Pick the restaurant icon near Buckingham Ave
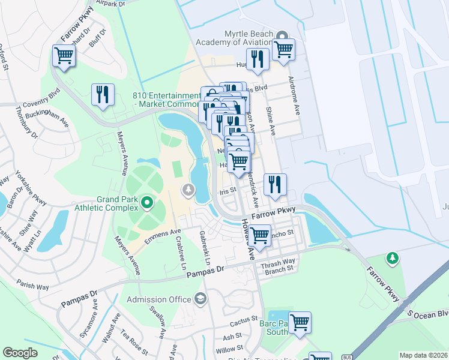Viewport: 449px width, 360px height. [x=103, y=95]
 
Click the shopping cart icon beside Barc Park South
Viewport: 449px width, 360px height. [x=300, y=322]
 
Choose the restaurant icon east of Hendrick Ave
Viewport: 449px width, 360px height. [x=275, y=185]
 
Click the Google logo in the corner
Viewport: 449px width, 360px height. [x=20, y=353]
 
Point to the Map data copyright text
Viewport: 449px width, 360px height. [x=423, y=355]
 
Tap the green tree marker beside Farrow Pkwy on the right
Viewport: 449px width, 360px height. [x=392, y=257]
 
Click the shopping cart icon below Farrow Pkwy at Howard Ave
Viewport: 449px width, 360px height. [x=259, y=235]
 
